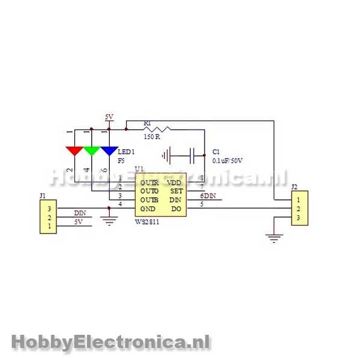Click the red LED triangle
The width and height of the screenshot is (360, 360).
74,150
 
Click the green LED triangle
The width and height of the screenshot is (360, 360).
91,150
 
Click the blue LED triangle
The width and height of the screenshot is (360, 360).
109,150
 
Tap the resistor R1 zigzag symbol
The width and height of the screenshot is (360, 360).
157,128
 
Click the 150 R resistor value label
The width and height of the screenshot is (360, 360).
152,137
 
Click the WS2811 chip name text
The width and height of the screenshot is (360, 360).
148,221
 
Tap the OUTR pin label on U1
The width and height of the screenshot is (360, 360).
149,182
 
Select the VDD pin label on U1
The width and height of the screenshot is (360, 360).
174,182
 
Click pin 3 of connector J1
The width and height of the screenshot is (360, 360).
49,208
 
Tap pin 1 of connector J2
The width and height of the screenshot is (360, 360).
298,199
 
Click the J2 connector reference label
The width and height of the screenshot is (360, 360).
294,187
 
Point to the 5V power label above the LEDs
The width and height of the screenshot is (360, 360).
109,117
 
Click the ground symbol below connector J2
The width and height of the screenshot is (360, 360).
274,239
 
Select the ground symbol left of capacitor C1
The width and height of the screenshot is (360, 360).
168,155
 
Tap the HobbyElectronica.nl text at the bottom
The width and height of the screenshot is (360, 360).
110,342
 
